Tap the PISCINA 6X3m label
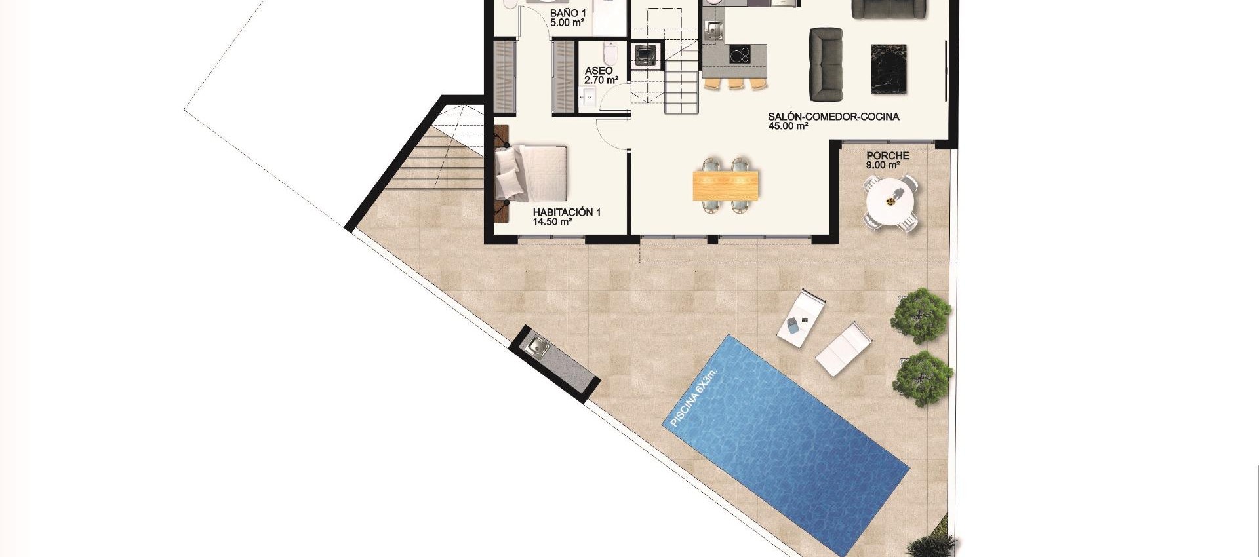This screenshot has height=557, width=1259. tap(693, 398)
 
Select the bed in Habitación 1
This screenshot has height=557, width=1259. tap(531, 173)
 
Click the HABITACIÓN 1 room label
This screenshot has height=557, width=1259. tap(567, 212)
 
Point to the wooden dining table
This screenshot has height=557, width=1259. tap(727, 185)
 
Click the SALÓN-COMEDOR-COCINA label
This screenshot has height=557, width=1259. tap(833, 117)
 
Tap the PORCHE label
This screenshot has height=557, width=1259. tap(887, 155)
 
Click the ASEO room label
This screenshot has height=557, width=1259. tap(599, 71)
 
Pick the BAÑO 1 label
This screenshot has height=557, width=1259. tap(568, 13)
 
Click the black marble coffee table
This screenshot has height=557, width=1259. tap(889, 69)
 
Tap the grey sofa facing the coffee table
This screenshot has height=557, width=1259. tap(826, 64)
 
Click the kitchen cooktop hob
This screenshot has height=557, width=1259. tap(740, 54)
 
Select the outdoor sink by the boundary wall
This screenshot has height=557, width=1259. tap(538, 346)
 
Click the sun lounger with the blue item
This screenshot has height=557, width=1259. tap(801, 317)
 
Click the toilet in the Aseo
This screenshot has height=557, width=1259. tap(610, 51)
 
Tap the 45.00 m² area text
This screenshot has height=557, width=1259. tap(788, 126)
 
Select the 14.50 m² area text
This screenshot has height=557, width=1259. tap(552, 222)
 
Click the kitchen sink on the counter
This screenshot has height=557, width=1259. tap(713, 29)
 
